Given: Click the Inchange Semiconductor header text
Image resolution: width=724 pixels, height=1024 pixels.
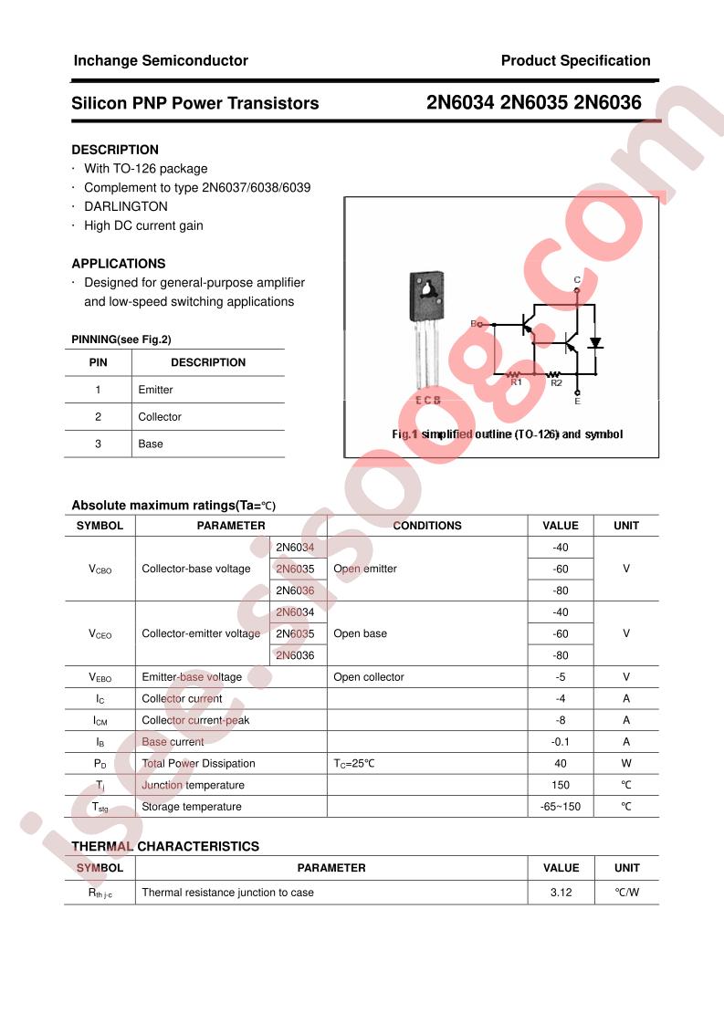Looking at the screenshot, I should pos(161,60).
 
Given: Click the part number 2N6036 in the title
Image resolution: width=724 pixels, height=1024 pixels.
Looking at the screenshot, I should pos(608,103).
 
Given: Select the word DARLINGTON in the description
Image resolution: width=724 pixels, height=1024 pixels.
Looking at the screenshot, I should pos(126,206).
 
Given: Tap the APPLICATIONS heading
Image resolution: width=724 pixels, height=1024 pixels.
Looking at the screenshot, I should pos(119,263).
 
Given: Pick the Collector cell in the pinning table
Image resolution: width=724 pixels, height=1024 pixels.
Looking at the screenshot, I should pos(160,417).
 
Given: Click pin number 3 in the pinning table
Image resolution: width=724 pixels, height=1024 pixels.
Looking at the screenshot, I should pos(99,444).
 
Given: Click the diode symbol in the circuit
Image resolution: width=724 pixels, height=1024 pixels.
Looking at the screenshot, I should pos(595,343).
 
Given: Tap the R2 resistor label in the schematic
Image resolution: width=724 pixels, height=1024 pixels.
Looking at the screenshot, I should pos(556,383).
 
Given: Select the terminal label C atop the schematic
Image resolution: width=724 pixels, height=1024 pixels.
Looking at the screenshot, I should pos(577,279).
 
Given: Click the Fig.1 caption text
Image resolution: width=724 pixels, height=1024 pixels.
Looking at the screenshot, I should pos(508,434).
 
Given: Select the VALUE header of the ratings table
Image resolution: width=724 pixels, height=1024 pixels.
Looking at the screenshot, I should pos(561,526).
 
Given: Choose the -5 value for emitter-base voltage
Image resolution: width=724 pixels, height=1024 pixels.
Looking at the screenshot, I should pos(561,677).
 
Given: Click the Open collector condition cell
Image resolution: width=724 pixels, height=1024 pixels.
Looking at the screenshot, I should pos(369,677).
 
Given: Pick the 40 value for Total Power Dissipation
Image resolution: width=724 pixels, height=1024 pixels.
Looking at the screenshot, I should pos(561,764).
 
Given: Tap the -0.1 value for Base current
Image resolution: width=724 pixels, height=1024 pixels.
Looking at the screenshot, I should pos(561,742).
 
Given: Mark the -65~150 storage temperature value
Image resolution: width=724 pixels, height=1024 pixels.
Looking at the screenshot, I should pos(561,807).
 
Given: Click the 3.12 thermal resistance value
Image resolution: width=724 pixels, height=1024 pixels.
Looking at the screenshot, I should pos(561,893).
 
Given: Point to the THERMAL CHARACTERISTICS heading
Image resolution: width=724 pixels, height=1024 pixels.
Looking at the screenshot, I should pos(165,846).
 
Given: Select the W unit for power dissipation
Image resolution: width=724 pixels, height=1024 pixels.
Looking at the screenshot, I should pos(626,764).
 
